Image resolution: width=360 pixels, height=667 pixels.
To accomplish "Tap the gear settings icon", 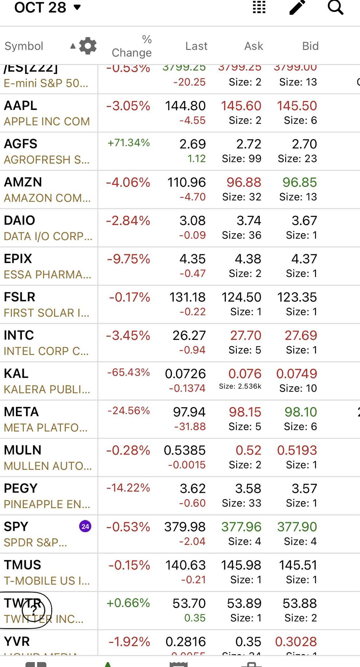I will (88, 46).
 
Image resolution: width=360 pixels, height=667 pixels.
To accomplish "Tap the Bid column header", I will (310, 46).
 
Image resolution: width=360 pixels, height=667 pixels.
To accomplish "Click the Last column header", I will (196, 46).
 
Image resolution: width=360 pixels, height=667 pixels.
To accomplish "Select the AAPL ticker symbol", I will (21, 105).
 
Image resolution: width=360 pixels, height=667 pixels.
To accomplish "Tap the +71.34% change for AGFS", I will (129, 143).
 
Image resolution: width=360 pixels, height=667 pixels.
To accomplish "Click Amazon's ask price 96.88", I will (244, 182).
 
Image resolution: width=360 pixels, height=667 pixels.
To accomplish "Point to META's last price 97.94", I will (189, 412).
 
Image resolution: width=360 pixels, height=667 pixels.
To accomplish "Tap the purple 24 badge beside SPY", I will (85, 527).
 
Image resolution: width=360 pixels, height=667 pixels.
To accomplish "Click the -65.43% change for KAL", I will (129, 372).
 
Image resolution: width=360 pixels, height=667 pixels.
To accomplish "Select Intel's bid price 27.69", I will (301, 335).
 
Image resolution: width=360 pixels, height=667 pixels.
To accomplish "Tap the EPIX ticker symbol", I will (18, 259).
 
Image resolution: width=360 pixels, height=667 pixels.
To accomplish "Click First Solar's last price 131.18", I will (188, 297).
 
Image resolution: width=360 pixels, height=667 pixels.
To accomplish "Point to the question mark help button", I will (34, 610).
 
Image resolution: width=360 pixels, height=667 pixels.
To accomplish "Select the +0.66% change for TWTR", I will (128, 603).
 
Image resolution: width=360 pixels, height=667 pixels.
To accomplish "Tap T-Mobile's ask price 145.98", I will (241, 565).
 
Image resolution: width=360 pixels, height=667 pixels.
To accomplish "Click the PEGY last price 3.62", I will (192, 489).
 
